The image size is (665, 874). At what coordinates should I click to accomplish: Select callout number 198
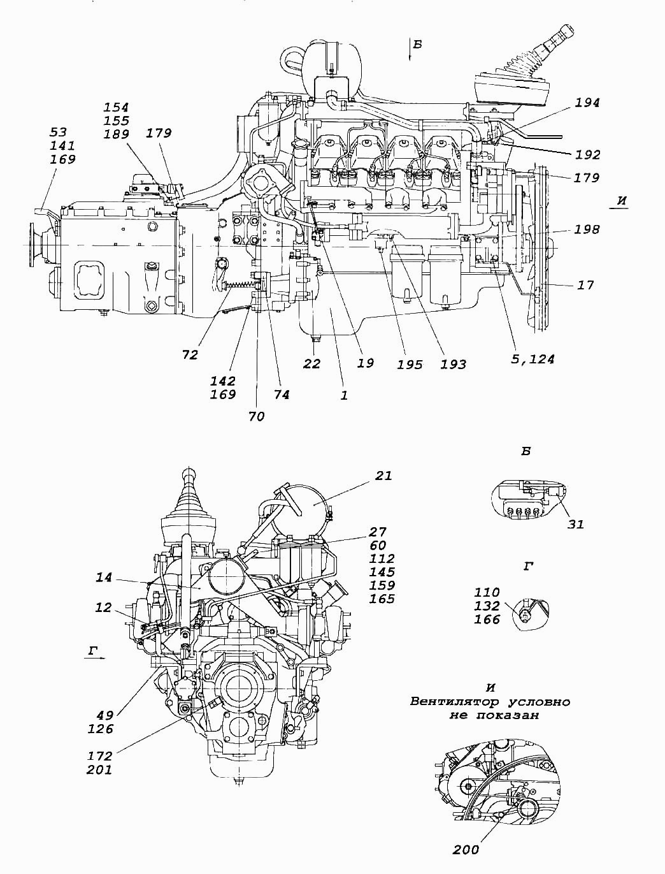click(586, 229)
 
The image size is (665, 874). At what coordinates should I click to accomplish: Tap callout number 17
click(585, 285)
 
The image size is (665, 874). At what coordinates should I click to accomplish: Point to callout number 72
click(190, 355)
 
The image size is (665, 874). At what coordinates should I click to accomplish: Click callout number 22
click(311, 363)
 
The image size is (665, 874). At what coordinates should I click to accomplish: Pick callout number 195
click(410, 365)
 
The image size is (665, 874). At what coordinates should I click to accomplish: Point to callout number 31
click(575, 524)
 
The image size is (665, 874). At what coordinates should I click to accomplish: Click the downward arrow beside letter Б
click(410, 50)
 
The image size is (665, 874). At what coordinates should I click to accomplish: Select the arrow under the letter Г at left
click(95, 658)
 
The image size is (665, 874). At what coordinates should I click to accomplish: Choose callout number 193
click(454, 365)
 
